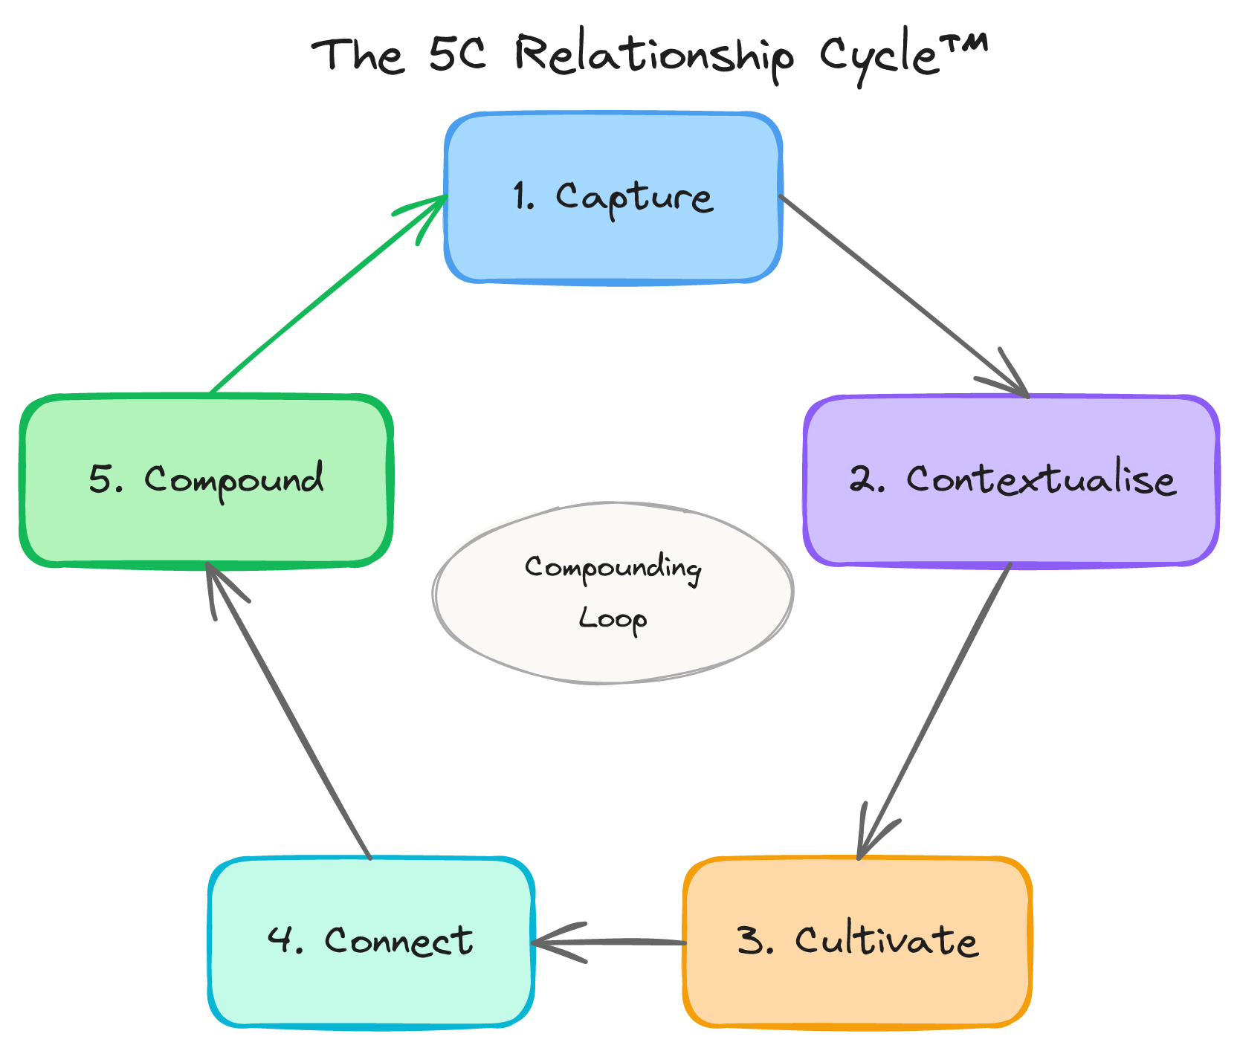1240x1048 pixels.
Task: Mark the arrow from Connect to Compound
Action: point(290,714)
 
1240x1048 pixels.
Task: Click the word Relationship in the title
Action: point(654,55)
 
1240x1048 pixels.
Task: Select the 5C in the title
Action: point(457,54)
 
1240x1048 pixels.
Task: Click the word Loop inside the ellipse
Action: point(613,618)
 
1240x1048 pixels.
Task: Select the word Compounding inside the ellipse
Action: point(613,569)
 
